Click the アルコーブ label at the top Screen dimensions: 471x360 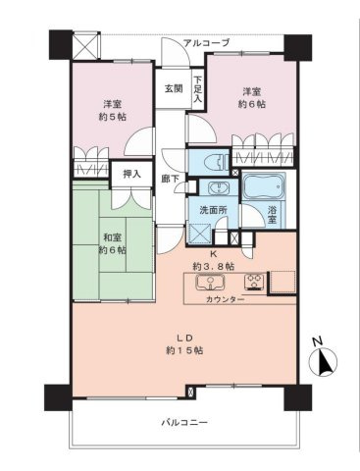(209, 43)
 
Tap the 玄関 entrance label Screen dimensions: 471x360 (173, 88)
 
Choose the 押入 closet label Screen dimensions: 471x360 (130, 174)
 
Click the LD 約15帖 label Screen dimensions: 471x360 (184, 344)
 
